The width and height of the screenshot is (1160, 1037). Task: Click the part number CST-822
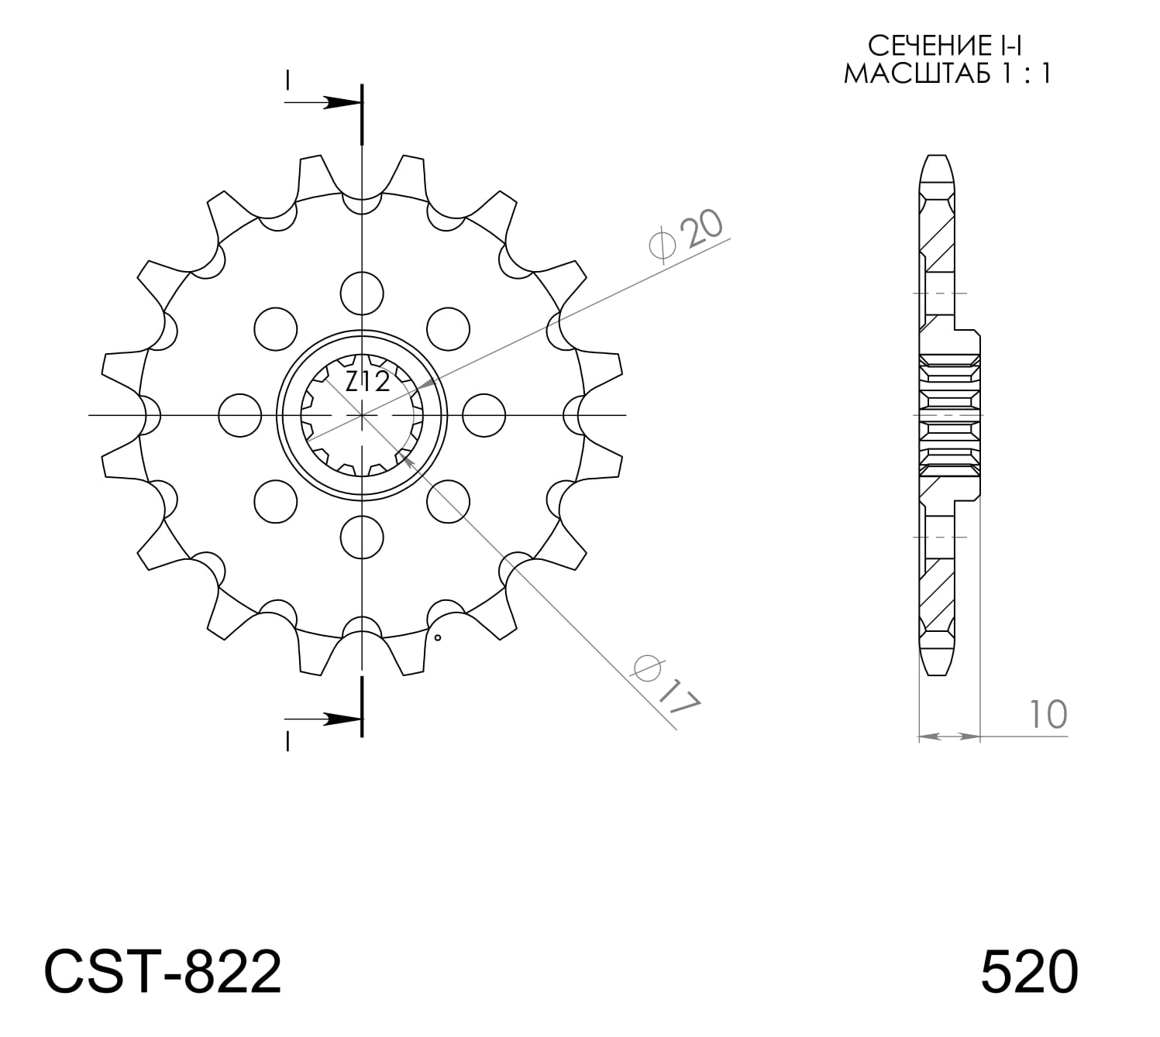pyautogui.click(x=163, y=972)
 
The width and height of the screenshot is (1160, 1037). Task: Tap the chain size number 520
pyautogui.click(x=1028, y=972)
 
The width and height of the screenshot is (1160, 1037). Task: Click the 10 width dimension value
pyautogui.click(x=1048, y=714)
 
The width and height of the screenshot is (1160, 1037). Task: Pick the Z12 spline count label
pyautogui.click(x=367, y=381)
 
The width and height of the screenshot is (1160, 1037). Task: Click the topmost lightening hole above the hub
pyautogui.click(x=362, y=293)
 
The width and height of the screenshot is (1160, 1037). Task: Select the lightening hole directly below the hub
pyautogui.click(x=362, y=537)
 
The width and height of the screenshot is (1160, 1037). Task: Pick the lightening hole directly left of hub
pyautogui.click(x=240, y=415)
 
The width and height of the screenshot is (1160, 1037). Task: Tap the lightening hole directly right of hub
pyautogui.click(x=484, y=415)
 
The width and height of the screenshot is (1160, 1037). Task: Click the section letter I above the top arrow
pyautogui.click(x=287, y=80)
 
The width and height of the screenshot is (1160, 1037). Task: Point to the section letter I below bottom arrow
pyautogui.click(x=287, y=741)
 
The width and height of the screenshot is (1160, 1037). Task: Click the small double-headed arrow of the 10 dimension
pyautogui.click(x=949, y=735)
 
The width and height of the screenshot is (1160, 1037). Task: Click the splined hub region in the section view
pyautogui.click(x=949, y=415)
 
